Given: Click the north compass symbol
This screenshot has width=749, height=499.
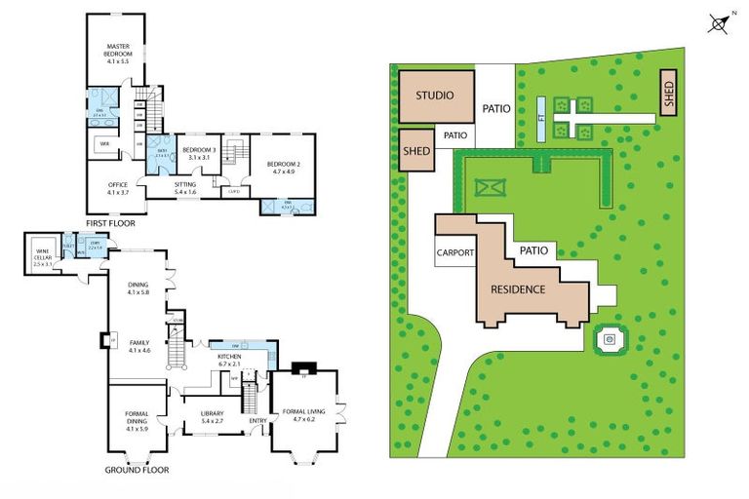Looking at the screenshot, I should click(x=719, y=23).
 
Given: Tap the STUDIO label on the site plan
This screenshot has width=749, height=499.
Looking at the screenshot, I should click(x=436, y=96).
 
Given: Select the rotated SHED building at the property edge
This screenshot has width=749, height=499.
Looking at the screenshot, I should click(x=669, y=93).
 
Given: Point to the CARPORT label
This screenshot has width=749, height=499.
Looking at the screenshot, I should click(x=454, y=252).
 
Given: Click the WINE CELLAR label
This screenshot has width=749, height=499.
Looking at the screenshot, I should click(x=41, y=258).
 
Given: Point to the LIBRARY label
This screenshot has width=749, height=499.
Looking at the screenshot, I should click(x=212, y=416).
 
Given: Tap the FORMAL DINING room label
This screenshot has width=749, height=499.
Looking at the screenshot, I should click(x=137, y=424).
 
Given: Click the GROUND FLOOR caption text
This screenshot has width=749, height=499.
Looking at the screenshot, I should click(x=137, y=470).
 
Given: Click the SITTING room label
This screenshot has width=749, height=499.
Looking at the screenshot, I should click(x=185, y=187).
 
